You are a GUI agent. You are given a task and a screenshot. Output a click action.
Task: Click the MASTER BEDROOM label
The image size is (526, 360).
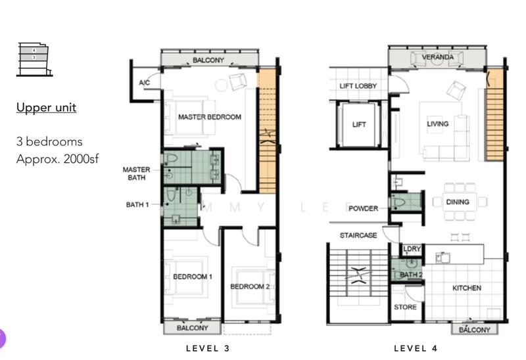[209, 117]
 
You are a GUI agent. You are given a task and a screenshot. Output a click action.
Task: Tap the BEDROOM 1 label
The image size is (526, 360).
[192, 277]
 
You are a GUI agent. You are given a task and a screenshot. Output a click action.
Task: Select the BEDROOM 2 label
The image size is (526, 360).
[250, 286]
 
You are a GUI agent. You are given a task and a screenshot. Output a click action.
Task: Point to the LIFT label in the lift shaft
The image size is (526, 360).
[359, 125]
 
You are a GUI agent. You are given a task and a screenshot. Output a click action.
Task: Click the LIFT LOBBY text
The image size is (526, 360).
[358, 86]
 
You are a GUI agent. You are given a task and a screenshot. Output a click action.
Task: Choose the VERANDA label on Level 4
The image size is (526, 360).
[438, 58]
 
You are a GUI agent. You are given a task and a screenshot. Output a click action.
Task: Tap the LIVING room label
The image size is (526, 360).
[437, 124]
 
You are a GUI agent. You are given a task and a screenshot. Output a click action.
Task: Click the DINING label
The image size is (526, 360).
[457, 202]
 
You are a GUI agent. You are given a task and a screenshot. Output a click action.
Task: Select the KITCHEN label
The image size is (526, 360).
[466, 288]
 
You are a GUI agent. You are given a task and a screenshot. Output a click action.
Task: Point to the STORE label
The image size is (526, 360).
[405, 307]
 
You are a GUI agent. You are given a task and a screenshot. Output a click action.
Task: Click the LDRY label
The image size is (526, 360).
[412, 249]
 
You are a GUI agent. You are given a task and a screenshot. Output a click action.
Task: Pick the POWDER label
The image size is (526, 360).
[364, 208]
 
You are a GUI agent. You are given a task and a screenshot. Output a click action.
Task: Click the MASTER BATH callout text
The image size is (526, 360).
[136, 173]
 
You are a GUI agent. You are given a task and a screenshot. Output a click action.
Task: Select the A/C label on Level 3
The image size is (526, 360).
[145, 83]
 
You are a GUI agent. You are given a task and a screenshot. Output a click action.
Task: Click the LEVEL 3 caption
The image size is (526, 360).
[207, 348]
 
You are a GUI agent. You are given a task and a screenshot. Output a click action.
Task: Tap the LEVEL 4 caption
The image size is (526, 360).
[415, 348]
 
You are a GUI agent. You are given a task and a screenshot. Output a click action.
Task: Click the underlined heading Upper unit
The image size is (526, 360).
[46, 107]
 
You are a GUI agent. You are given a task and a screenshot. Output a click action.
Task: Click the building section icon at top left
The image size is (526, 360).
[33, 59]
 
